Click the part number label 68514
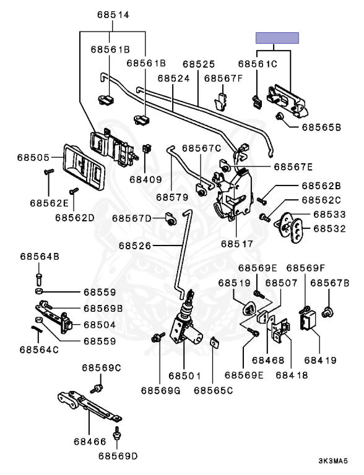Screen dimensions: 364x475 point(113,15)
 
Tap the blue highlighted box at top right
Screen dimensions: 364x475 point(277,38)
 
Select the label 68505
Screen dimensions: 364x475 point(33,158)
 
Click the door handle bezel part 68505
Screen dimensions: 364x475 point(84,167)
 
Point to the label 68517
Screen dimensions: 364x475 point(237,244)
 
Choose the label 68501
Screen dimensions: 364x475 point(184,375)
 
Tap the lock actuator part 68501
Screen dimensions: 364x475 point(184,327)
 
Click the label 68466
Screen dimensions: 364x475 point(90,442)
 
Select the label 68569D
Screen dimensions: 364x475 point(118,456)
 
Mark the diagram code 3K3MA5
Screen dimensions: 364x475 point(333,461)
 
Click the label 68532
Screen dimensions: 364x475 point(329,228)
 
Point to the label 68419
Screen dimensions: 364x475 point(320,360)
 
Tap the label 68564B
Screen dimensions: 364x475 point(40,256)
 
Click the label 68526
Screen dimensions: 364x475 point(135,246)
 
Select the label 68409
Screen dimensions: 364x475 point(145,179)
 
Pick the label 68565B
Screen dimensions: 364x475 point(321,127)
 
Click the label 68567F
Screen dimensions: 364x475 point(223,78)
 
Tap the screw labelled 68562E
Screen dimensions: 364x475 point(48,172)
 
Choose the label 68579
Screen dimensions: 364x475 point(172,197)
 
